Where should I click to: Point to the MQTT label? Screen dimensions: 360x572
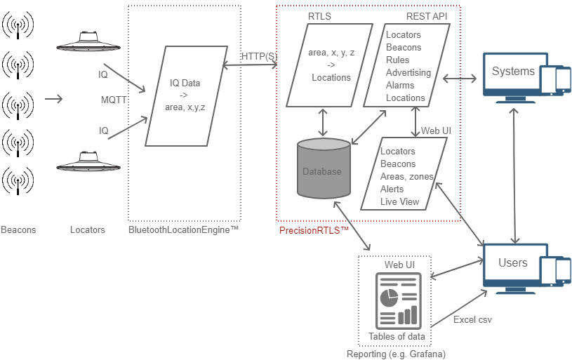[114, 100]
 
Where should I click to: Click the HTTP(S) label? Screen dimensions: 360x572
[259, 56]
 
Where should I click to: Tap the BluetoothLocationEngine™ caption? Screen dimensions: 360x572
[184, 230]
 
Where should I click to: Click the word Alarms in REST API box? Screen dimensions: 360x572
[400, 85]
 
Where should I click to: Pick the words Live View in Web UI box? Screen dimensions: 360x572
[399, 201]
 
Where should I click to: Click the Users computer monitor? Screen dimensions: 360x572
[513, 266]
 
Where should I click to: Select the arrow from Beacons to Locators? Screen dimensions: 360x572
[53, 99]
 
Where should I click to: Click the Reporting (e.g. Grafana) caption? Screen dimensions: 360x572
[397, 354]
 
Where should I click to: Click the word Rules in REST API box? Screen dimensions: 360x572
[397, 60]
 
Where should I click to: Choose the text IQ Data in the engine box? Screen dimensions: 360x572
[185, 83]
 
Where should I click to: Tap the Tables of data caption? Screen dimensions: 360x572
[397, 336]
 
